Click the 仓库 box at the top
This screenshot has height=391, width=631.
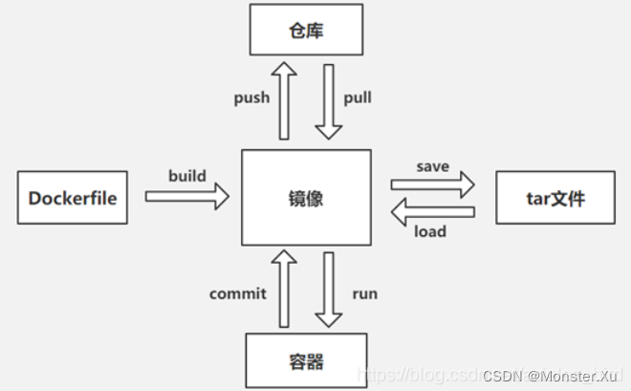[306, 30]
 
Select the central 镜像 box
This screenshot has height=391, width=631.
[306, 199]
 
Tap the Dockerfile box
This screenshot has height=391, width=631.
[73, 199]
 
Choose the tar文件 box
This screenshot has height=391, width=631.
[555, 199]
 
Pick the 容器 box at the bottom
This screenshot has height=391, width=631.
[306, 361]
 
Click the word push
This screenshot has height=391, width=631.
[252, 98]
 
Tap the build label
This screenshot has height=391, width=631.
[187, 176]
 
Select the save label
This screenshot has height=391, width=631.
[433, 166]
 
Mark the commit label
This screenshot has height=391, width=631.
[238, 293]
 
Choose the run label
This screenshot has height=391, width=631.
[365, 293]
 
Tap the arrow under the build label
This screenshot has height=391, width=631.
[187, 197]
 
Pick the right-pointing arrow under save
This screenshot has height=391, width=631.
[433, 185]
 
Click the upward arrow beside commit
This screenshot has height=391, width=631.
[283, 289]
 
